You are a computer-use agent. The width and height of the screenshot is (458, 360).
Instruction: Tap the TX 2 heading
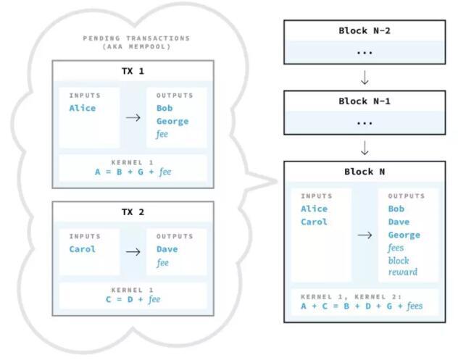[133, 213]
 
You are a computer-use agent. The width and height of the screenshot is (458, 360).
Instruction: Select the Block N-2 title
[365, 30]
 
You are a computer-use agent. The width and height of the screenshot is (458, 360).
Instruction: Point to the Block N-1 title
[365, 101]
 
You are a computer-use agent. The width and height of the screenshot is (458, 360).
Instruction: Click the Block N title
[365, 172]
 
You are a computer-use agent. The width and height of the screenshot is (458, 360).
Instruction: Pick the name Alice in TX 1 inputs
[82, 109]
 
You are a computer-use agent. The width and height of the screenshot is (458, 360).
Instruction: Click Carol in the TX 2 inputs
[82, 249]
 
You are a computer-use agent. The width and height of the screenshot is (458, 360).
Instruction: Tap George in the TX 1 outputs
[172, 122]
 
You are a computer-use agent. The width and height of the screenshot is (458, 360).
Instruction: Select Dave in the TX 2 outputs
[167, 249]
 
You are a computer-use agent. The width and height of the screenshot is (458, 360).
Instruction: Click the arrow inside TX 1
[133, 116]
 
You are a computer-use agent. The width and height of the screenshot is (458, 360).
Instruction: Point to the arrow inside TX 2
[133, 251]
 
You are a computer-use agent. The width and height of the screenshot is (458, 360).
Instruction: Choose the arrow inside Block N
[365, 234]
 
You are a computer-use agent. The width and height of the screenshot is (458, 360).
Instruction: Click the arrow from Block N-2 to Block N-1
[365, 76]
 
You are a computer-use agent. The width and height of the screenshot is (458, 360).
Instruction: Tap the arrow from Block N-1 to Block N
[365, 147]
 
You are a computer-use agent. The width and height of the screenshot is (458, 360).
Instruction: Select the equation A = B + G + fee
[133, 172]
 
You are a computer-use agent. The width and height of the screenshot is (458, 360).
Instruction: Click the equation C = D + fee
[133, 299]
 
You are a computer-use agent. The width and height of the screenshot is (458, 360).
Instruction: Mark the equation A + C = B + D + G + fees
[361, 306]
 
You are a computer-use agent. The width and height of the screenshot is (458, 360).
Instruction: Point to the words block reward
[402, 266]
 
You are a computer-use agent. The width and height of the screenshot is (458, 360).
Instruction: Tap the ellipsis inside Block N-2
[365, 52]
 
